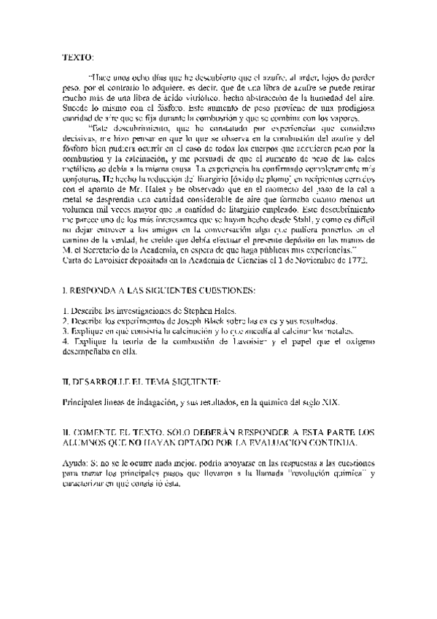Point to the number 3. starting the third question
point(65,331)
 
